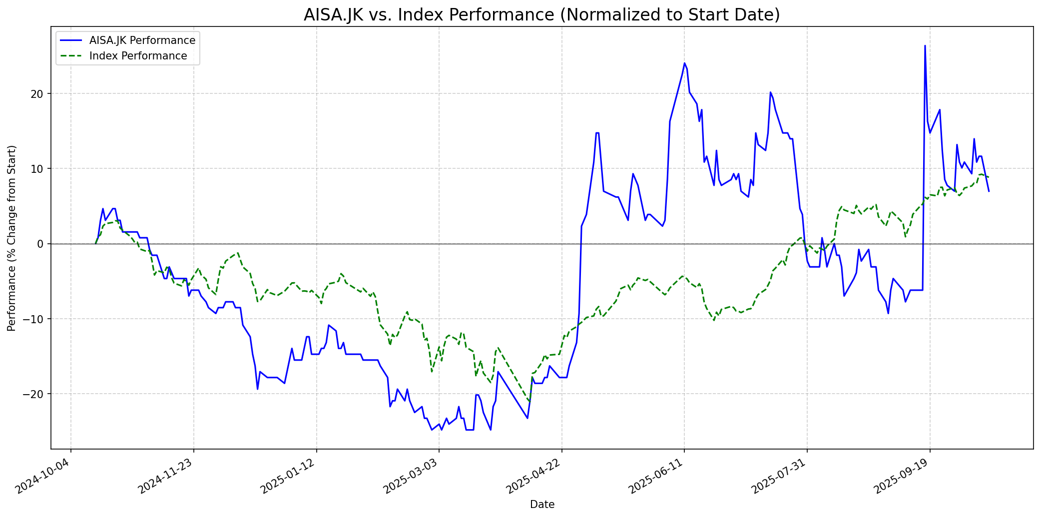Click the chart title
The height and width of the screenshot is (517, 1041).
click(541, 15)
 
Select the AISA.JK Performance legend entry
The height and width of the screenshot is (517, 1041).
click(142, 40)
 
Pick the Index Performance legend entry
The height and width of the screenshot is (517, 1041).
click(138, 56)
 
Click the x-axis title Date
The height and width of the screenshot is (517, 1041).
click(542, 505)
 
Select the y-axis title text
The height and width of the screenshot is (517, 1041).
click(12, 238)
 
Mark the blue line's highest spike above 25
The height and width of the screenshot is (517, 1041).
click(925, 46)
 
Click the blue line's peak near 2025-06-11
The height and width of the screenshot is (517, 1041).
click(684, 63)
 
